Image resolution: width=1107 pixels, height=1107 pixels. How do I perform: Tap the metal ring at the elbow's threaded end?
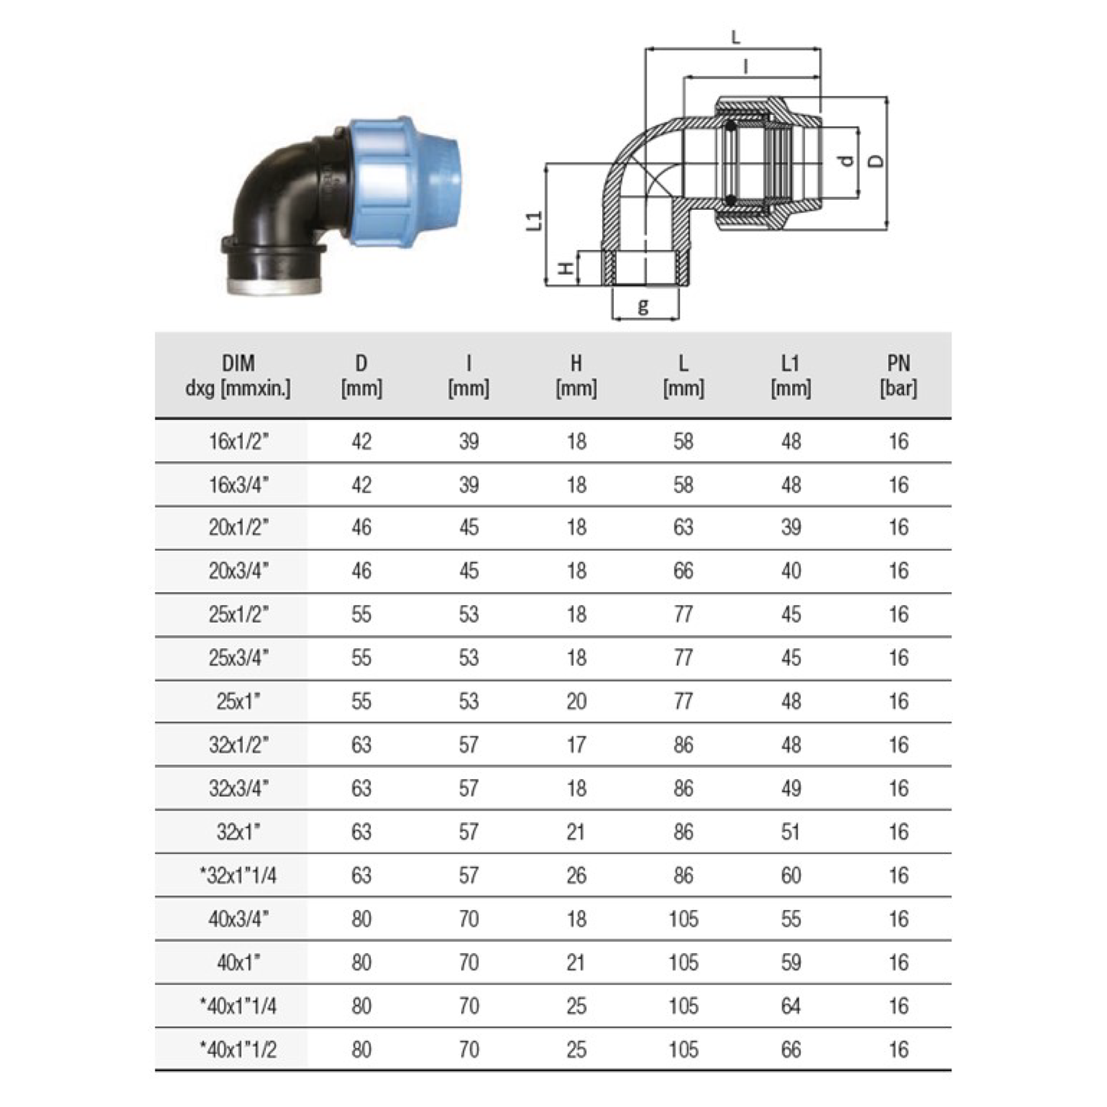[273, 287]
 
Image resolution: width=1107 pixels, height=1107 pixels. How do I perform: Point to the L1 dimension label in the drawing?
[534, 221]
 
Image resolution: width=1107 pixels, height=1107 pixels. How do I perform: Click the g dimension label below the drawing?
[644, 305]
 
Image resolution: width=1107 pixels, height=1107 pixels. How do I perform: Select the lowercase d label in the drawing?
[847, 162]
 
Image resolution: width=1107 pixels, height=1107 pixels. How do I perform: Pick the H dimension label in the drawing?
[566, 268]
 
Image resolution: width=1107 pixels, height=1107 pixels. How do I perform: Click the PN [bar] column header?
[899, 375]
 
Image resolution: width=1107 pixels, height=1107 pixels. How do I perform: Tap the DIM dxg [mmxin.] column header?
[237, 375]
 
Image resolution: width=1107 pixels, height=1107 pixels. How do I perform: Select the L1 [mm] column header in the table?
[791, 375]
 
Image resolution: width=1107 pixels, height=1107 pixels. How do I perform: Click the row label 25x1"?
[237, 702]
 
